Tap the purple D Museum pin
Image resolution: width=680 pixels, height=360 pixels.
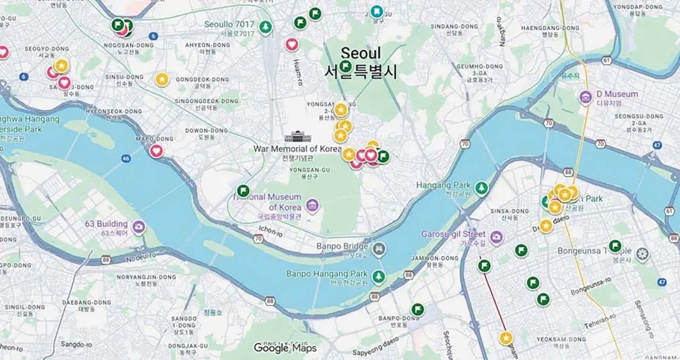pos(586,97)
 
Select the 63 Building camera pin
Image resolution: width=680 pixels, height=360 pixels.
pos(138,227)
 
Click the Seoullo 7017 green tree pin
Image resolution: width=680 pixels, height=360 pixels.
pos(266,27)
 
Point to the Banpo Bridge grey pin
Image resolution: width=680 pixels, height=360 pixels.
pos(379,248)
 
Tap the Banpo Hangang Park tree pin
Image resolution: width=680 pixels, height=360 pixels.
pos(378,277)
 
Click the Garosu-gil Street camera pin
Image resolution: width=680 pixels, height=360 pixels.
pos(496,237)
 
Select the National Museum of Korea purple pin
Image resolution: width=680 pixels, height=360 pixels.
pos(313,206)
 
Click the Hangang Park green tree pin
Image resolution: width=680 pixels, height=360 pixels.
pos(482,187)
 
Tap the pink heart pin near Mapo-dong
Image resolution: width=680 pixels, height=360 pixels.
pos(156,150)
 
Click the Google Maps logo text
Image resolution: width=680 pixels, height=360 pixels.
pos(285,348)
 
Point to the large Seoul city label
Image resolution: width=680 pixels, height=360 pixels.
pos(360,54)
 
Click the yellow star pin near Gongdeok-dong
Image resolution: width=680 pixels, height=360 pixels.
pos(161,79)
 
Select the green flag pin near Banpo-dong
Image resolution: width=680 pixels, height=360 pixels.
pos(417,309)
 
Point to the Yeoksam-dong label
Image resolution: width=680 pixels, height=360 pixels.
pos(561,340)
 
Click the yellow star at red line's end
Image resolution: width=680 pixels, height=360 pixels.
pos(505,338)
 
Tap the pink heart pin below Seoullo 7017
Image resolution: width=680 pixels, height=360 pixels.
pos(292,44)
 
